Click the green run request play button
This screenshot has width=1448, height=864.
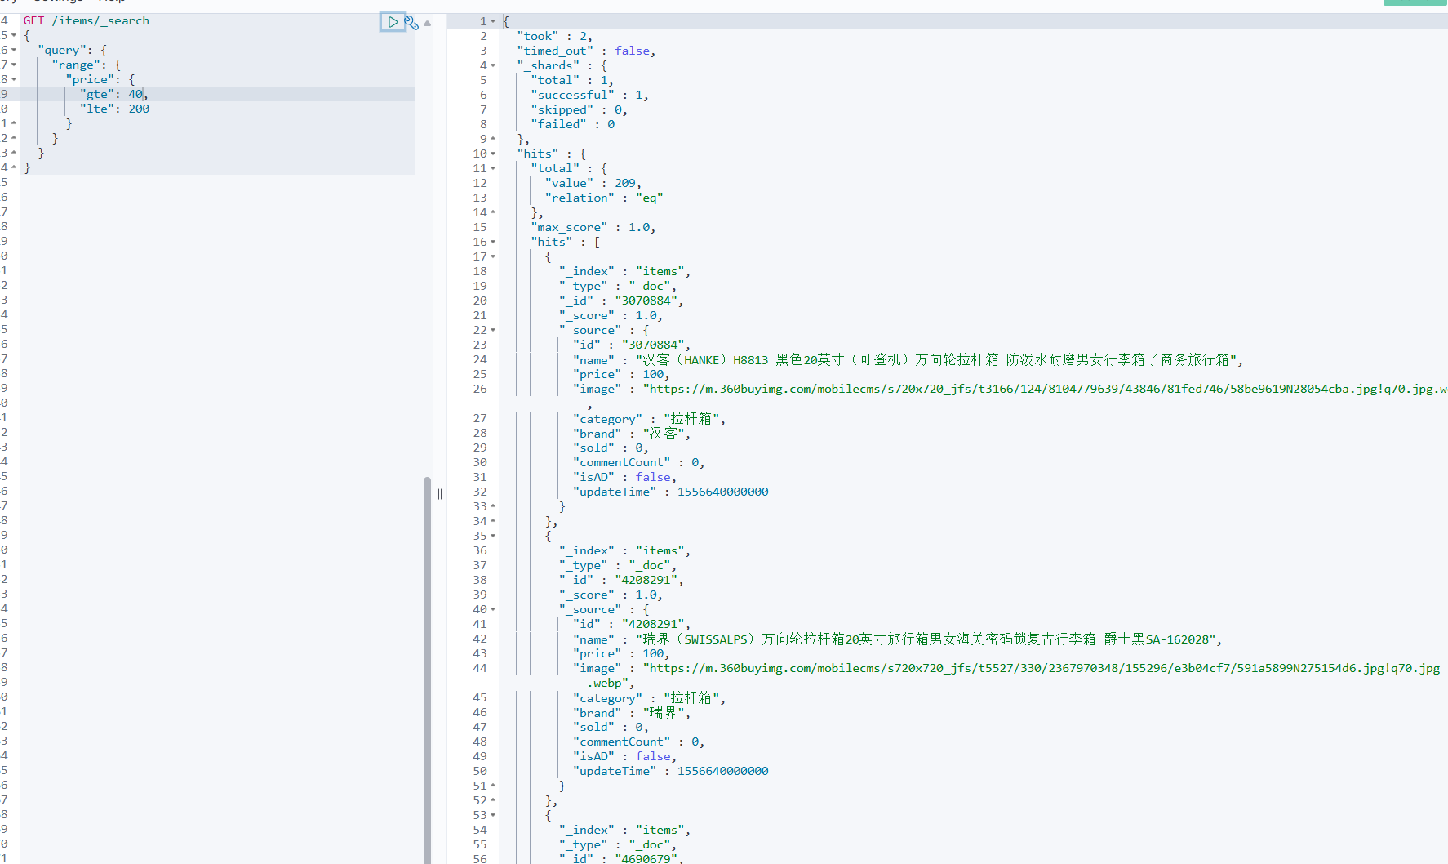(x=393, y=22)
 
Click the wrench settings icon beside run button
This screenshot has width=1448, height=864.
(x=411, y=23)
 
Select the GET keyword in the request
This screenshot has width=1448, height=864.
(x=33, y=20)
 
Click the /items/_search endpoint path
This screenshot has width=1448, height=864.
(x=100, y=20)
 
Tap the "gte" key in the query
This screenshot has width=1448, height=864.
(x=97, y=94)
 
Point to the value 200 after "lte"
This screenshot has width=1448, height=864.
(x=139, y=109)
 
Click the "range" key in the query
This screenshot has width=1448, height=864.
(x=76, y=65)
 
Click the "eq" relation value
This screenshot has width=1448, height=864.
(x=649, y=198)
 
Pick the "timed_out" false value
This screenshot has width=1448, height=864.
(x=633, y=51)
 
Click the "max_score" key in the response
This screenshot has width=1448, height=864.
(x=569, y=227)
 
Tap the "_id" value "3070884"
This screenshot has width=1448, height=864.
(x=648, y=301)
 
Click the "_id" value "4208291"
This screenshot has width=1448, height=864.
(x=648, y=580)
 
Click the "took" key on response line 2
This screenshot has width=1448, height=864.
(x=538, y=36)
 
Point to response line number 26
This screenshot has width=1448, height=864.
(x=480, y=389)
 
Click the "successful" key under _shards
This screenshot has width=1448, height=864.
(x=572, y=95)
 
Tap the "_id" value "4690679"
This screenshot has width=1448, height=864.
(x=648, y=858)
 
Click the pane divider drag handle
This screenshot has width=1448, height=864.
(x=440, y=493)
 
